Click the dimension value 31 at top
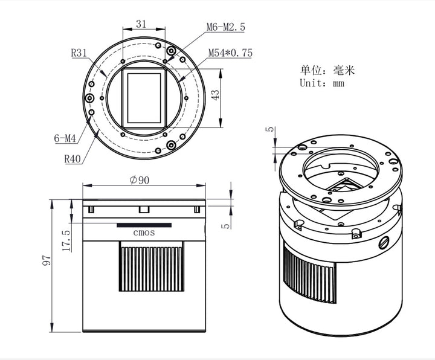[x=141, y=24]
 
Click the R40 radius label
[x=72, y=159]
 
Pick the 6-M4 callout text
[x=65, y=138]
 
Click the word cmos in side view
[x=144, y=233]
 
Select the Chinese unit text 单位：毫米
[x=328, y=70]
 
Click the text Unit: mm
[x=322, y=83]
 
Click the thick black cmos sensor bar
[x=144, y=225]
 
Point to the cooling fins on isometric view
[x=309, y=278]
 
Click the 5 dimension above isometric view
[x=270, y=129]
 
